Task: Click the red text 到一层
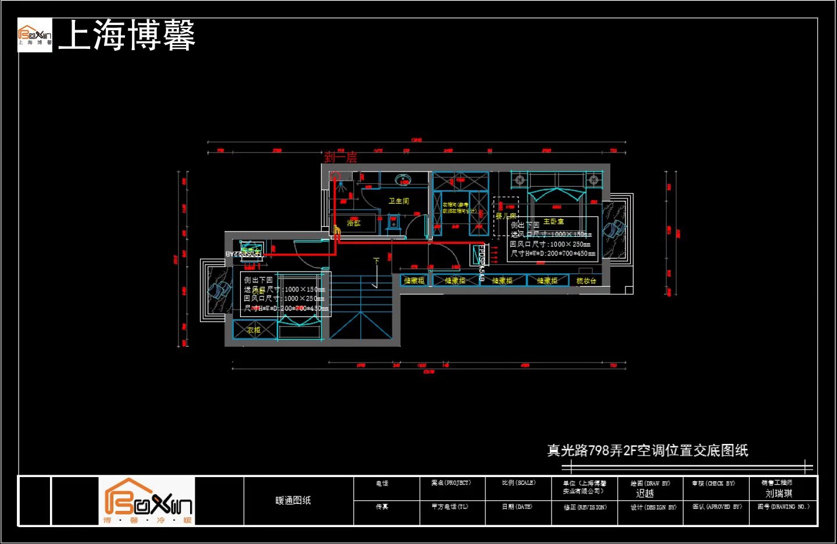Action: click(x=341, y=157)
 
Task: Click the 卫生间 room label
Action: click(x=399, y=201)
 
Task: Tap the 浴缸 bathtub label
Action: click(x=353, y=223)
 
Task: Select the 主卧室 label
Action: click(x=553, y=222)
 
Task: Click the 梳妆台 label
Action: click(x=586, y=281)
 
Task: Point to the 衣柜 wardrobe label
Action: click(x=253, y=330)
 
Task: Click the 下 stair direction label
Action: click(x=376, y=261)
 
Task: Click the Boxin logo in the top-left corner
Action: click(x=35, y=35)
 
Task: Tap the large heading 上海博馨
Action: click(x=127, y=35)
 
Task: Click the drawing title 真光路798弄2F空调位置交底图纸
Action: click(x=648, y=450)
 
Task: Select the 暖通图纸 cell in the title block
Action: click(x=293, y=500)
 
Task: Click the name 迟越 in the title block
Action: click(x=645, y=493)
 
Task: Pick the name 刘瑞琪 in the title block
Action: click(x=778, y=493)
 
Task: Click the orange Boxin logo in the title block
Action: click(x=147, y=501)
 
